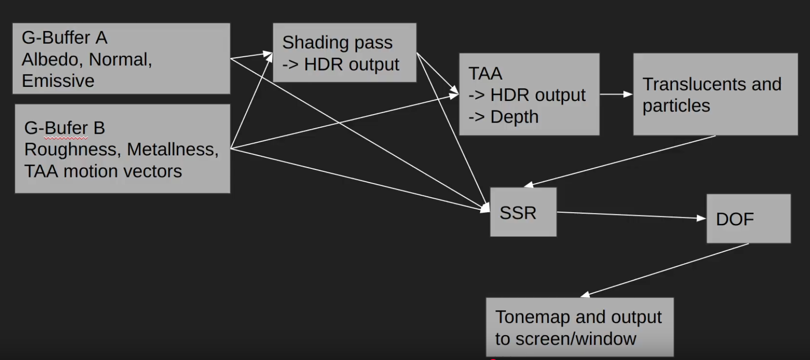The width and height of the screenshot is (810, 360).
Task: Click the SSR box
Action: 523,212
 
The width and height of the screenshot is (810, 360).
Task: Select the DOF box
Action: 748,219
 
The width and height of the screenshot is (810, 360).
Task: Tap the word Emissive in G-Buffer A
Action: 58,81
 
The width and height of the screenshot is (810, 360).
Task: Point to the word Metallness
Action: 172,149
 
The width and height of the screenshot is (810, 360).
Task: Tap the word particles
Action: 676,106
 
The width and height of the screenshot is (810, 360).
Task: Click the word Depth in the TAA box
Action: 514,116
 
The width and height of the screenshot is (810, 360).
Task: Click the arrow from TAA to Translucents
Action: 616,94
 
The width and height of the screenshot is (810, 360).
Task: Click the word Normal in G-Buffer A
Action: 119,59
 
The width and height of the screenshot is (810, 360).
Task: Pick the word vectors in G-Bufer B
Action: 152,171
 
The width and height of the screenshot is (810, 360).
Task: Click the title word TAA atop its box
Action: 485,73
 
